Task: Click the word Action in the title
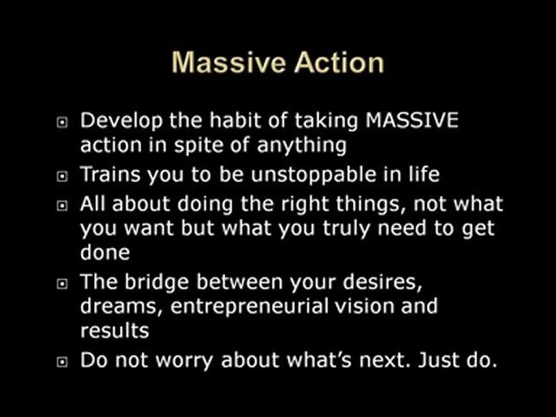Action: click(x=339, y=63)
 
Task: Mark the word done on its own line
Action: click(x=104, y=253)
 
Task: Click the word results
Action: click(x=114, y=330)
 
